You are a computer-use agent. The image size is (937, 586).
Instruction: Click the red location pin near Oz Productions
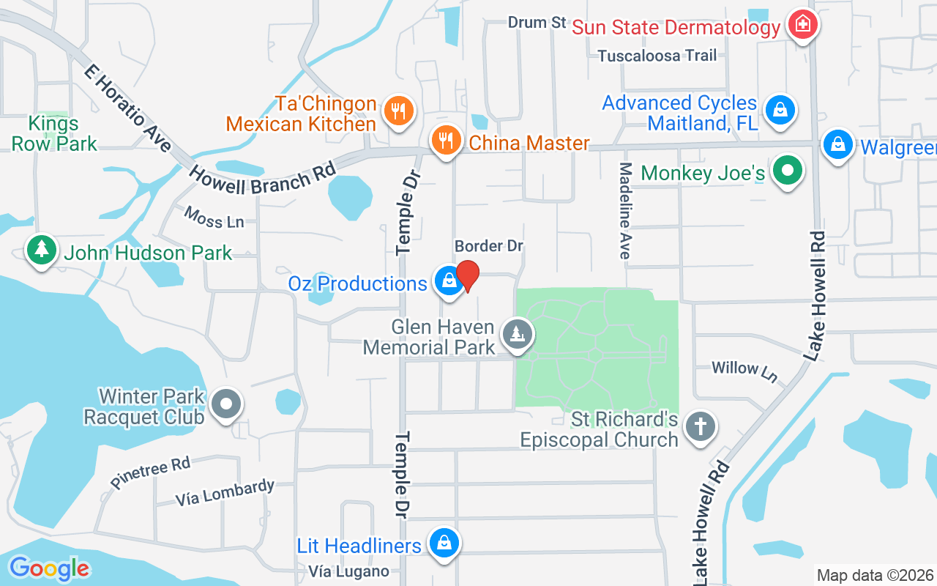click(x=467, y=275)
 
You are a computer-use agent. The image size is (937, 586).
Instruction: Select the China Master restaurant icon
click(x=444, y=140)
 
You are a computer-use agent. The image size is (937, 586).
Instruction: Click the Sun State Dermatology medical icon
click(x=803, y=24)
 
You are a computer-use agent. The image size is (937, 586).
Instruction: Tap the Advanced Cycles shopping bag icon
click(x=780, y=111)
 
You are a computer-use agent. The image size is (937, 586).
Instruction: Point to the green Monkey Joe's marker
click(x=788, y=171)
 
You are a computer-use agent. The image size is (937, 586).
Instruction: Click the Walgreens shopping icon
click(x=837, y=144)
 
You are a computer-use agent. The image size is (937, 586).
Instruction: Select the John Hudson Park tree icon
click(x=42, y=251)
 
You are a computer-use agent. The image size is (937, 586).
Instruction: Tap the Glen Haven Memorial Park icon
click(x=518, y=335)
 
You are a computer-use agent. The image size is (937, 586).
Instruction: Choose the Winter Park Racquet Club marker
click(x=225, y=404)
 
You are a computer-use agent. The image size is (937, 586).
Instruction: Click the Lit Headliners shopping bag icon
click(x=444, y=544)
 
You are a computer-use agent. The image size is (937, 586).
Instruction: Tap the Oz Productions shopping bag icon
click(x=447, y=281)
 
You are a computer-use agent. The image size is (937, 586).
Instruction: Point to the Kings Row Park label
click(x=54, y=133)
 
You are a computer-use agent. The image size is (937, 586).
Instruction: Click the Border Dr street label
click(x=488, y=245)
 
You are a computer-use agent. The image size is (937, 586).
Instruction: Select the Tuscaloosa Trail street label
click(x=657, y=56)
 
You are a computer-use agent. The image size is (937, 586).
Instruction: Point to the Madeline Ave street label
click(x=625, y=211)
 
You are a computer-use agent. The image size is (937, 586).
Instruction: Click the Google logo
click(x=49, y=568)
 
